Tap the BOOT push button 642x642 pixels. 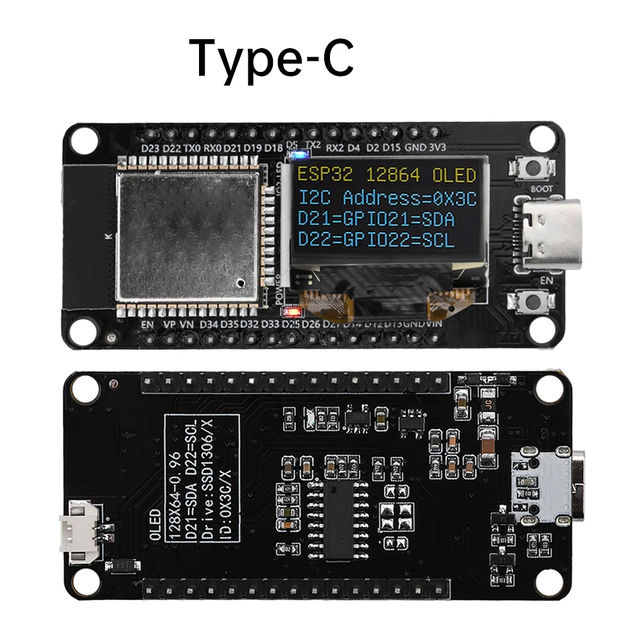[532, 169]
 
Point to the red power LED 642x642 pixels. [295, 313]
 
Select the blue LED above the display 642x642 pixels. [298, 155]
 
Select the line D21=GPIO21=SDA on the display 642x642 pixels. [376, 220]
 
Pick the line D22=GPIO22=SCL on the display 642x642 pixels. [376, 241]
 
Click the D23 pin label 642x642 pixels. [150, 148]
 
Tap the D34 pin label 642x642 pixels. [209, 325]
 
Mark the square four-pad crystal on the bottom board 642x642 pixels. [395, 516]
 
